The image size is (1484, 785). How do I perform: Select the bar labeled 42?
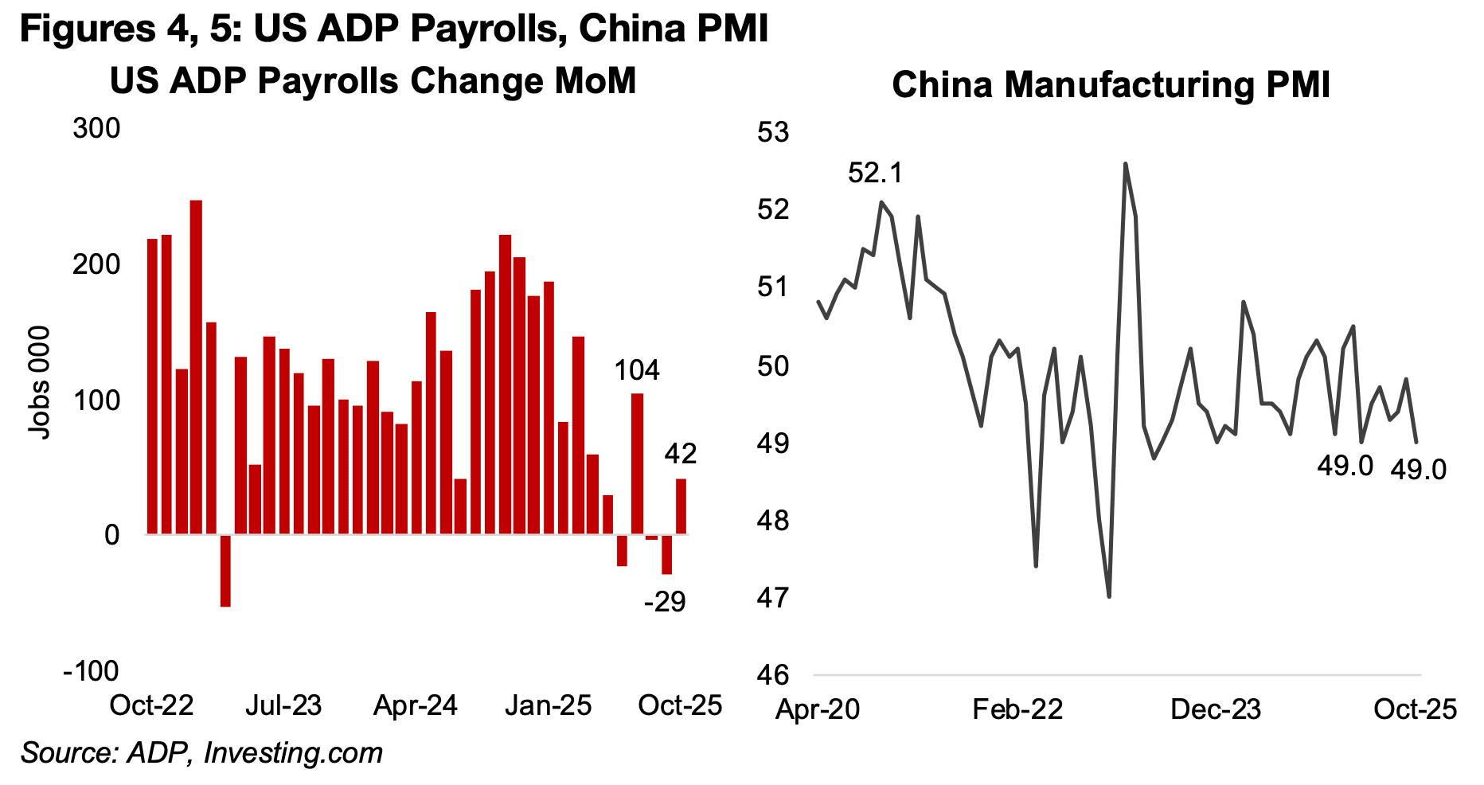coord(681,506)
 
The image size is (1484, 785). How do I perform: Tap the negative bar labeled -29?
coord(666,554)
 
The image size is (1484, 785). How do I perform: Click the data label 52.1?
coord(875,173)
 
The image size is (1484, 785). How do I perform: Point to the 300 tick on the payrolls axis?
coord(96,129)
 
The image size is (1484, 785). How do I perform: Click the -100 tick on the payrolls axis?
coord(91,671)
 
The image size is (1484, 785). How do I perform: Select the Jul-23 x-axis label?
coord(283,705)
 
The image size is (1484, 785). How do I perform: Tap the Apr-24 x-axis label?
coord(416,705)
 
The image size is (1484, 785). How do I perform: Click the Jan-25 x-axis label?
coord(549,705)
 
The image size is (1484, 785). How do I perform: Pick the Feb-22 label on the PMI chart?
coord(1017,709)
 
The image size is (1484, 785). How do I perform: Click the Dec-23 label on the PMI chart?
coord(1216,709)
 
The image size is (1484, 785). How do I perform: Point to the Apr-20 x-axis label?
coord(818,709)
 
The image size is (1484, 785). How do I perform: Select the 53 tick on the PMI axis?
coord(772,132)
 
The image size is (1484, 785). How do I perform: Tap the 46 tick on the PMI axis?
coord(772,675)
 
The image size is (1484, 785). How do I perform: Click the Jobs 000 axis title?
coord(39,382)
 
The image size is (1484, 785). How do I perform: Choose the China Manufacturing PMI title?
coord(1111,85)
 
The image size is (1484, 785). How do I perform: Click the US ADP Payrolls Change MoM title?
coord(373,81)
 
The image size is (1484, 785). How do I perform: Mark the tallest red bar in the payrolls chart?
coord(196,366)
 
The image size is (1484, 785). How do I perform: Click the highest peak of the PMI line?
coord(1125,164)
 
